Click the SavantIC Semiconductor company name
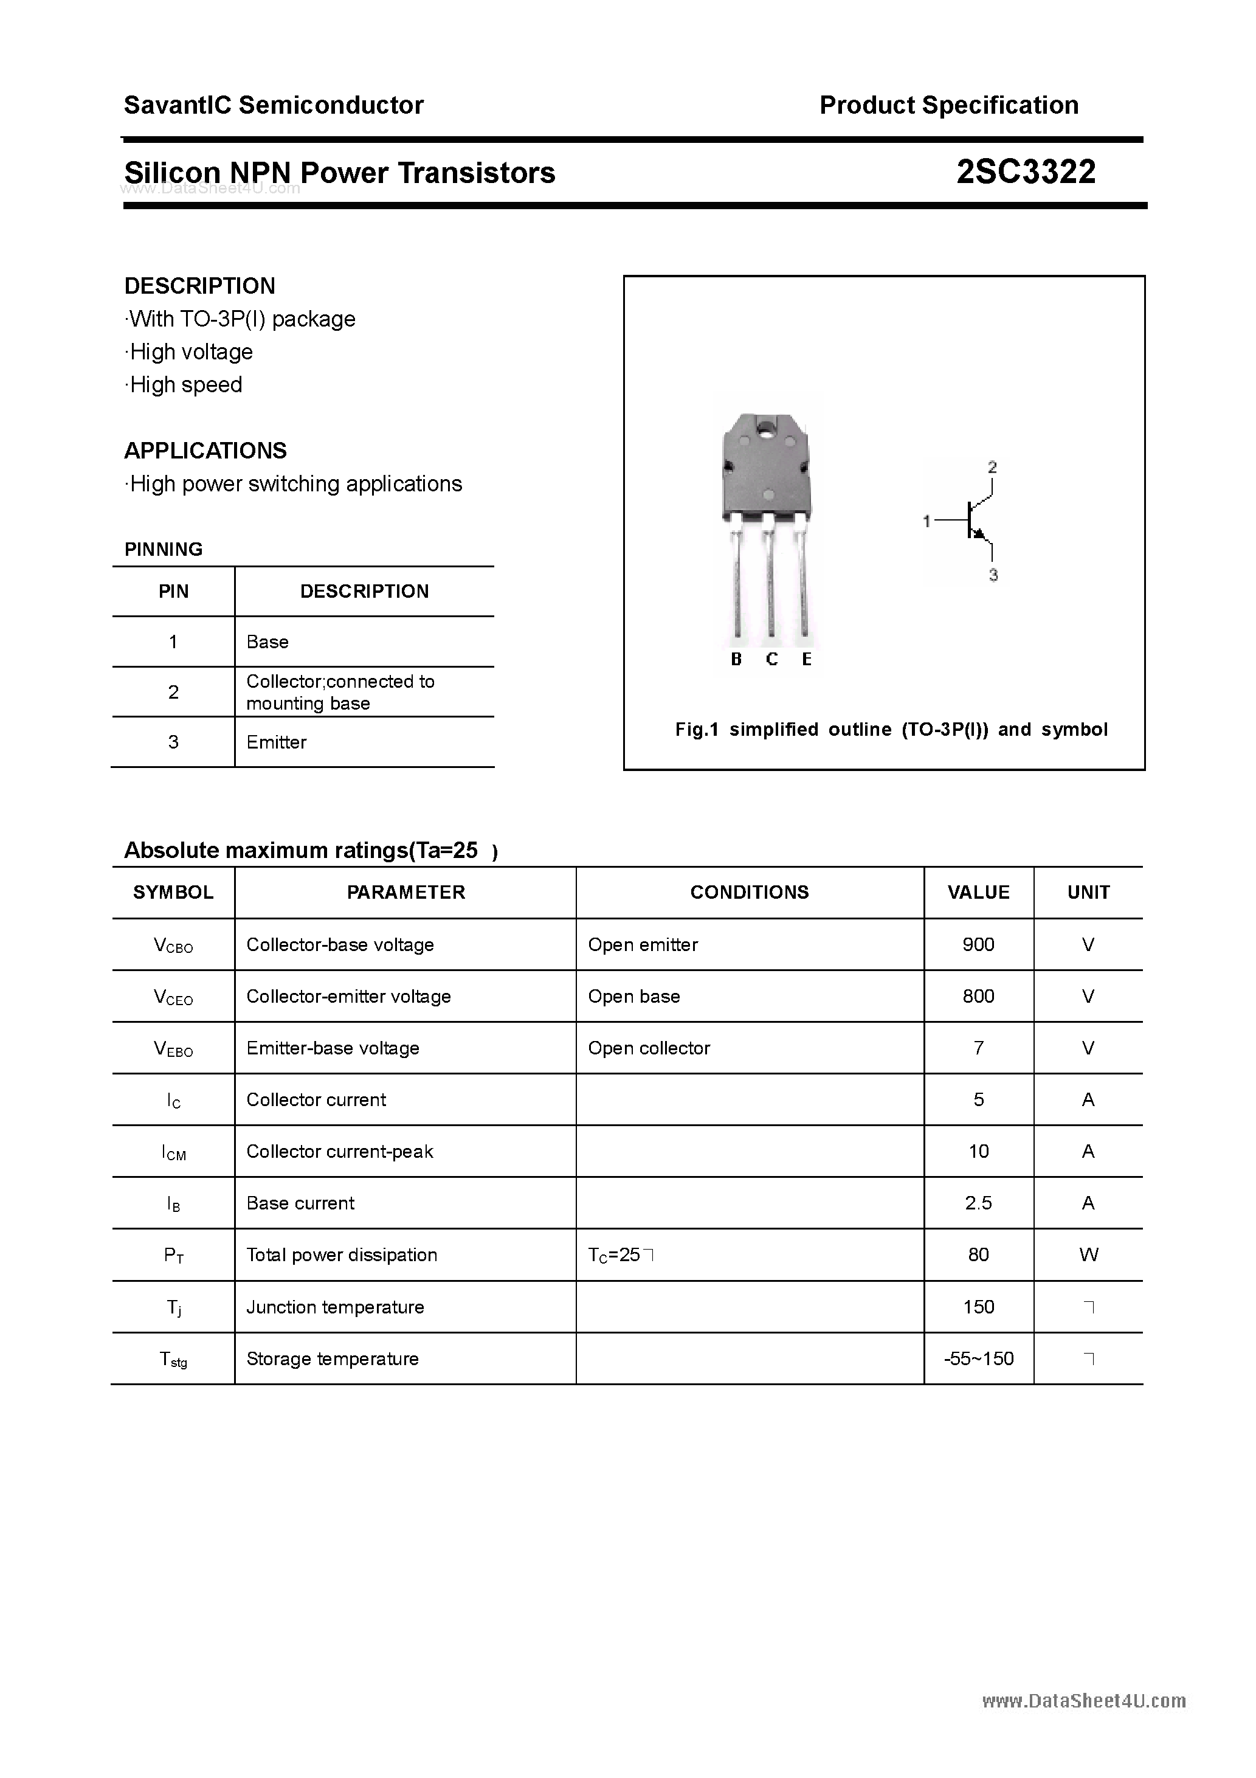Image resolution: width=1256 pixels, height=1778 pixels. pyautogui.click(x=274, y=105)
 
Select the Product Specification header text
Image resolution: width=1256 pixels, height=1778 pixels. pyautogui.click(x=948, y=105)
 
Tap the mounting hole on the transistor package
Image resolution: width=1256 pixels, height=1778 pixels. pyautogui.click(x=766, y=427)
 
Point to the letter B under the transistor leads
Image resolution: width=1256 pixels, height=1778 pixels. pyautogui.click(x=736, y=659)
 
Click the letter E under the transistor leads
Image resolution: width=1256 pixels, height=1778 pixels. pyautogui.click(x=806, y=659)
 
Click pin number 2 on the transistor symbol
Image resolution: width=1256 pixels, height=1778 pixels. pyautogui.click(x=992, y=467)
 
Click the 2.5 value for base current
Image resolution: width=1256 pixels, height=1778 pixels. pyautogui.click(x=978, y=1203)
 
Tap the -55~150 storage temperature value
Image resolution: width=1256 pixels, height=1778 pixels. pyautogui.click(x=978, y=1358)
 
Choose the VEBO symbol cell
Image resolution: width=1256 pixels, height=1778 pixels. pyautogui.click(x=173, y=1048)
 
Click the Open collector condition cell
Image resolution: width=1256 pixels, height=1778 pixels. pyautogui.click(x=649, y=1048)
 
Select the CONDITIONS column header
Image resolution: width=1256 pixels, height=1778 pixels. pyautogui.click(x=749, y=892)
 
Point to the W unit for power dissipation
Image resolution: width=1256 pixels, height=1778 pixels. pyautogui.click(x=1088, y=1254)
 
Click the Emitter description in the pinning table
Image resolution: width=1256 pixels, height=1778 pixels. pyautogui.click(x=277, y=742)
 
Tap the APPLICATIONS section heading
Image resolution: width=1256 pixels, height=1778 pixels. pyautogui.click(x=205, y=451)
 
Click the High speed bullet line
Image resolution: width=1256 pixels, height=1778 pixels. pyautogui.click(x=184, y=385)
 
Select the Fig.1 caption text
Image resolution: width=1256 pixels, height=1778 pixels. pyautogui.click(x=891, y=730)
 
